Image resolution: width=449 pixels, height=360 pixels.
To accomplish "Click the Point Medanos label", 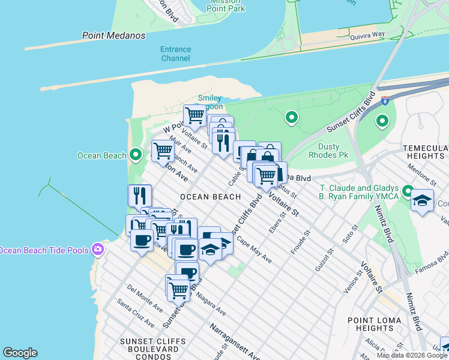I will (x=113, y=35).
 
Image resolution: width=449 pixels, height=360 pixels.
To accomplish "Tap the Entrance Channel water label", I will (x=175, y=54).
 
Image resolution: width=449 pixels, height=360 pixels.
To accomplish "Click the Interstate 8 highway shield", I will (x=385, y=101).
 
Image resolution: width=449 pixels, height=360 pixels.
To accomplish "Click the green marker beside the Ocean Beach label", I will (x=136, y=155).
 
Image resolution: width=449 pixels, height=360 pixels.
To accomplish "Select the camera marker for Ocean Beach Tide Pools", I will (x=97, y=250).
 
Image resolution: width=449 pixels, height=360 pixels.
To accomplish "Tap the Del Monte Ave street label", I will (x=144, y=299).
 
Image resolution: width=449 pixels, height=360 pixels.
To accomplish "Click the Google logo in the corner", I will (x=20, y=353).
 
